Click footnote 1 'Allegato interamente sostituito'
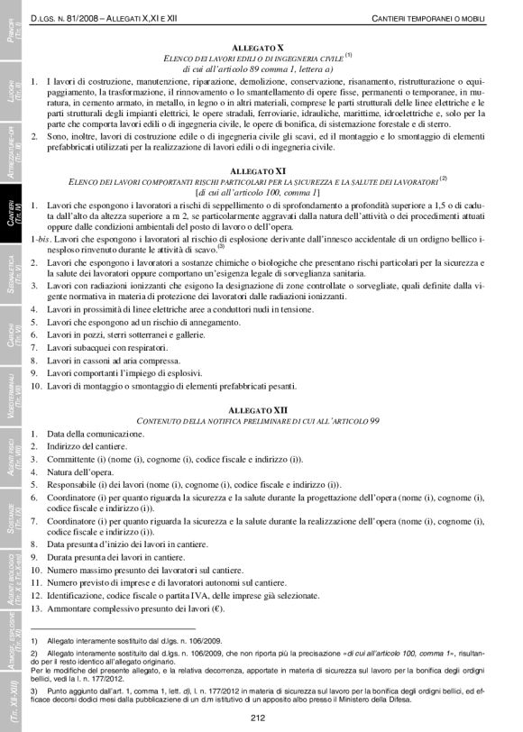point(135,639)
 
